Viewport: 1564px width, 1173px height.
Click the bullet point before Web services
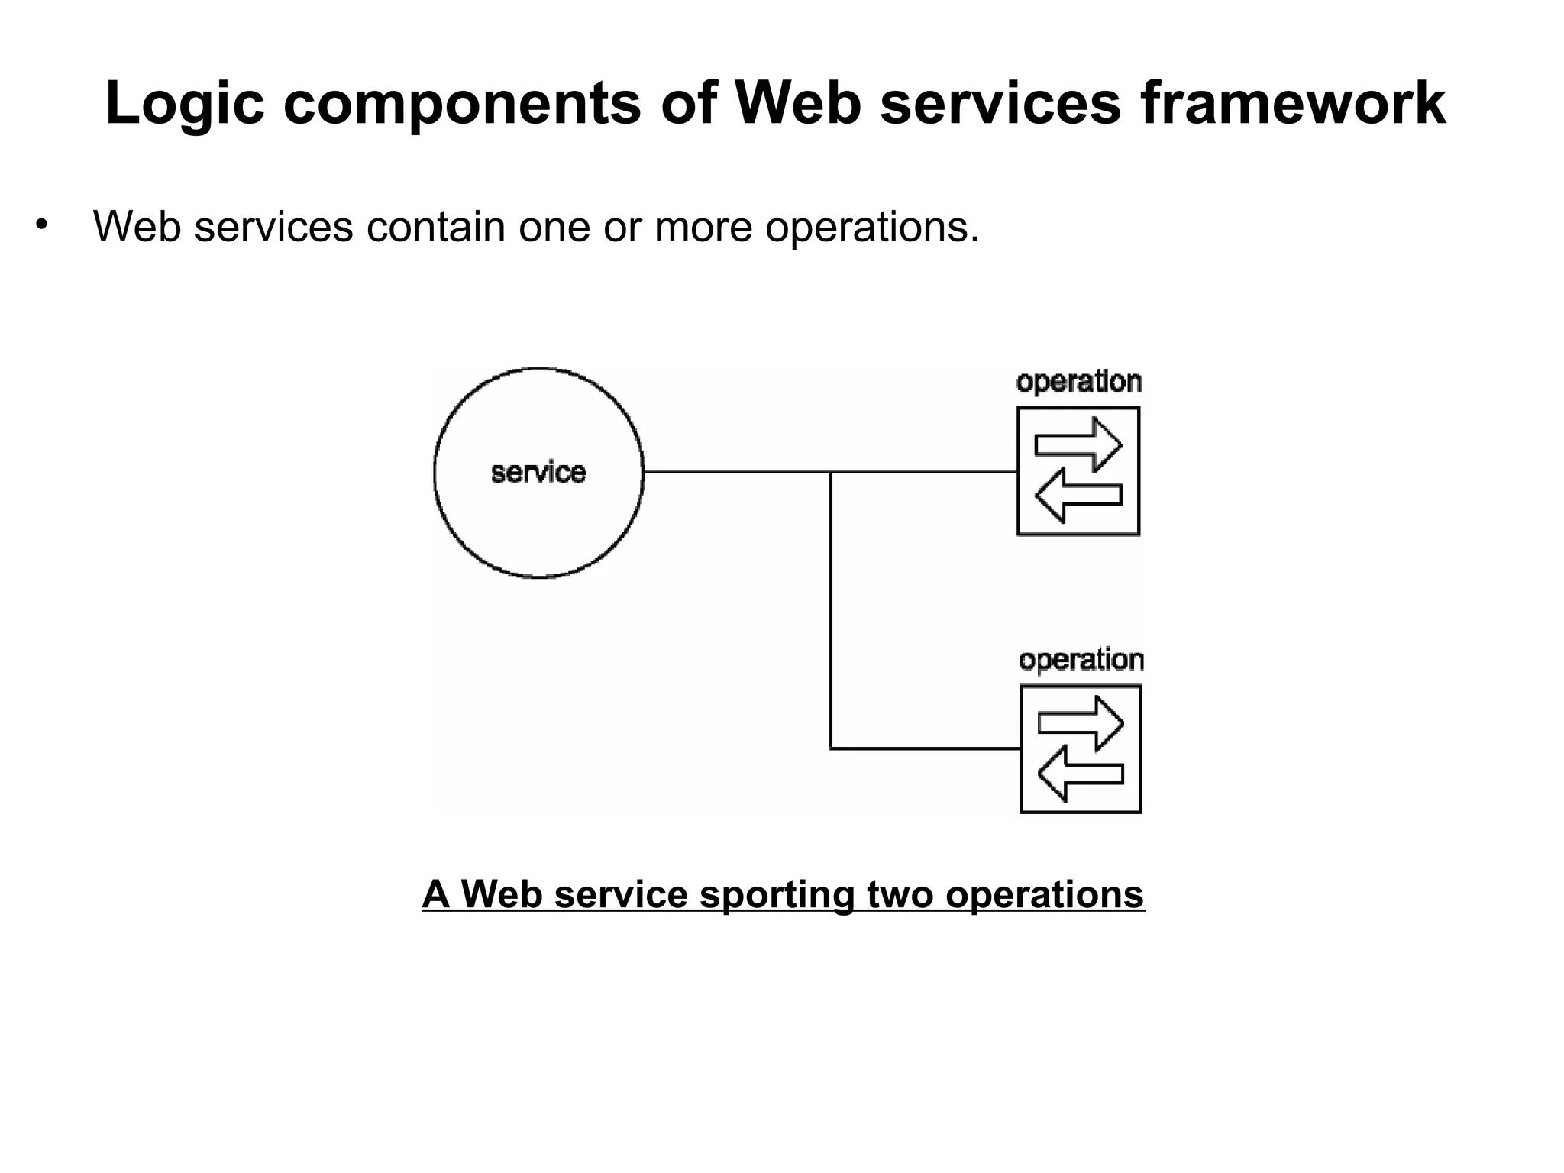[x=41, y=225]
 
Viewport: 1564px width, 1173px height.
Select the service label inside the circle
[x=538, y=473]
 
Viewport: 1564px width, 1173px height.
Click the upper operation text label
[x=1078, y=382]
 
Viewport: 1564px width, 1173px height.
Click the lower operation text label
[x=1081, y=660]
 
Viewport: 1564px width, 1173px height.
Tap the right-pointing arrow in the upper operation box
[x=1078, y=444]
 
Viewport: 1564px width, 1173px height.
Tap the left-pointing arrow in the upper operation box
[x=1078, y=495]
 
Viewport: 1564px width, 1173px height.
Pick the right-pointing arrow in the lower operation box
[x=1081, y=722]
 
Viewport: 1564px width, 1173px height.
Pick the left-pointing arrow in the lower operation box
[x=1081, y=774]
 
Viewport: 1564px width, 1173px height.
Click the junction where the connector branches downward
[x=831, y=473]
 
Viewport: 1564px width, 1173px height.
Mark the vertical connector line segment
[x=831, y=611]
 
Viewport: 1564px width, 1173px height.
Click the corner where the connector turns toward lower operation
[x=831, y=748]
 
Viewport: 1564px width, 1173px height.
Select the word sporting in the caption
[x=777, y=895]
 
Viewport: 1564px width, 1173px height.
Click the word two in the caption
[x=900, y=894]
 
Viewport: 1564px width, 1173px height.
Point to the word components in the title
[x=462, y=105]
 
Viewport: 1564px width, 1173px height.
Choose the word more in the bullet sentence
[x=703, y=227]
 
